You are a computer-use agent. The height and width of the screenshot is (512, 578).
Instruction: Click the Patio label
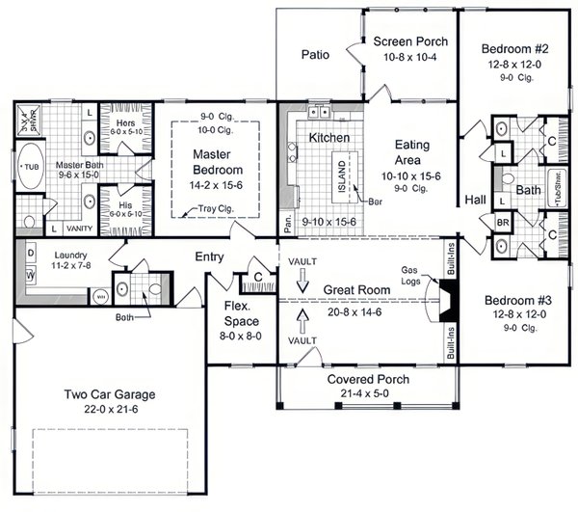tap(315, 55)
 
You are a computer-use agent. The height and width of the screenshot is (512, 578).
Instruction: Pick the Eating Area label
tap(417, 151)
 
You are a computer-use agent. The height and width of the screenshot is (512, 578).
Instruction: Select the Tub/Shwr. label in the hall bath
tap(556, 190)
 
